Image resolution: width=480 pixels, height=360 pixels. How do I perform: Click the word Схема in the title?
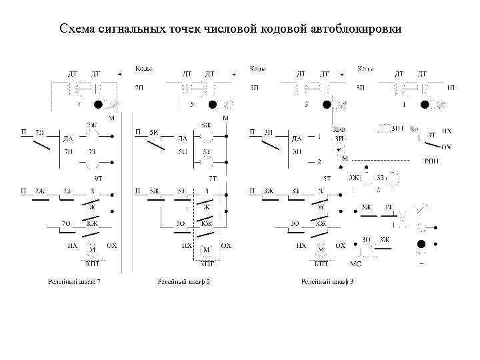point(76,29)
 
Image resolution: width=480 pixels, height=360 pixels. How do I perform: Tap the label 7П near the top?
point(139,87)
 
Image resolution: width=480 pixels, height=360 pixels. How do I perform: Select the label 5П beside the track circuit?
point(254,87)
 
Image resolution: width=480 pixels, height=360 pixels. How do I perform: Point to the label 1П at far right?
point(451,87)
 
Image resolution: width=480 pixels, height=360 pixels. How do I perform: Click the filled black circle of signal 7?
point(98,105)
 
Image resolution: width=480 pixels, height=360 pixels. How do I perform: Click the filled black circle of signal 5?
point(212,105)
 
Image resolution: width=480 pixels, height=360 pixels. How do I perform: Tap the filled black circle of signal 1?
point(425,105)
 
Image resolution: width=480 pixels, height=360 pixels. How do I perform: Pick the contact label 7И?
point(41,132)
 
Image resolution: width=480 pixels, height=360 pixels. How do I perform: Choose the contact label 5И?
point(154,132)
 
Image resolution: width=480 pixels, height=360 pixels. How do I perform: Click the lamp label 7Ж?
point(91,125)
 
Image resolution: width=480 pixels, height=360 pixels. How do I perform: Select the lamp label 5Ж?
point(206,125)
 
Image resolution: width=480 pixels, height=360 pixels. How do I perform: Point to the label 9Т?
point(98,178)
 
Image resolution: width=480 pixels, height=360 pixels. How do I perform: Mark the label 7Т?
point(213,178)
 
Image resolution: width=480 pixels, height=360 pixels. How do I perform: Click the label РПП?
point(432,161)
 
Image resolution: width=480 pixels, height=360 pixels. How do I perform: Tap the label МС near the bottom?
point(355,263)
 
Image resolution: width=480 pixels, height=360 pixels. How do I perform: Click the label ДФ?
point(339,129)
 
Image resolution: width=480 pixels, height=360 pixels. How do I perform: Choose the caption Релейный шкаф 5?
point(184,283)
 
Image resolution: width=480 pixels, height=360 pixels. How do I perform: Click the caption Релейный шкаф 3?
point(327,283)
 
